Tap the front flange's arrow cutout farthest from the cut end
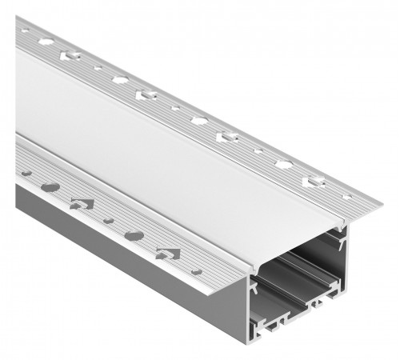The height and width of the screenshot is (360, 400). click(79, 203)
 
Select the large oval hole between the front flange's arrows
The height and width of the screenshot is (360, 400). click(134, 236)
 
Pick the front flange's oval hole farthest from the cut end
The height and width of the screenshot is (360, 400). click(50, 188)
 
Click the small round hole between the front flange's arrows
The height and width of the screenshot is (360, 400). click(107, 221)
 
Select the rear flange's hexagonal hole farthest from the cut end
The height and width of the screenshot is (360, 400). click(46, 40)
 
